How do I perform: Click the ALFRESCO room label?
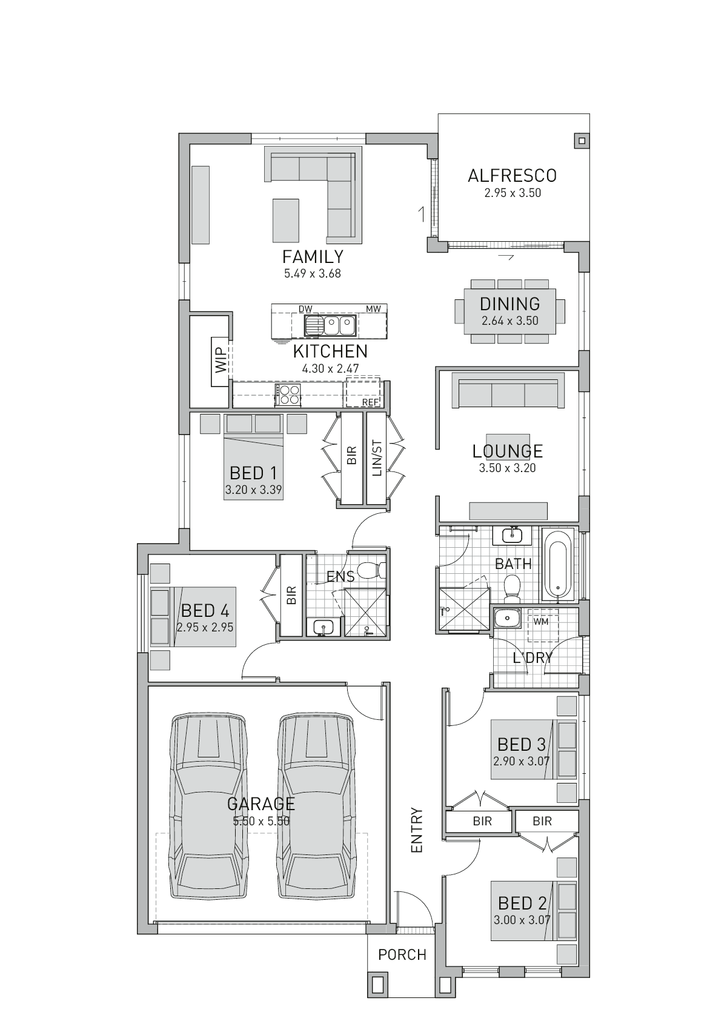(x=512, y=176)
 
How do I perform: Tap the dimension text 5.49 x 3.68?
(x=312, y=274)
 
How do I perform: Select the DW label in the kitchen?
(x=305, y=309)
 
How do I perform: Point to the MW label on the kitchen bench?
(x=373, y=309)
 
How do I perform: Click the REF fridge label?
(x=370, y=402)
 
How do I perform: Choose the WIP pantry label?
(x=221, y=361)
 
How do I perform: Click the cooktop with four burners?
(x=288, y=394)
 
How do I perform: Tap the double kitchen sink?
(x=331, y=326)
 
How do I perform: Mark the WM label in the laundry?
(x=540, y=621)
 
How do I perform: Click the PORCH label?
(x=402, y=955)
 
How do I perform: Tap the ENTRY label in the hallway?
(x=417, y=830)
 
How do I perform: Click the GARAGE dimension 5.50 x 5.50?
(x=261, y=821)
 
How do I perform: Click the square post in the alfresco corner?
(x=581, y=141)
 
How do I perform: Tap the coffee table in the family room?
(x=286, y=221)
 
